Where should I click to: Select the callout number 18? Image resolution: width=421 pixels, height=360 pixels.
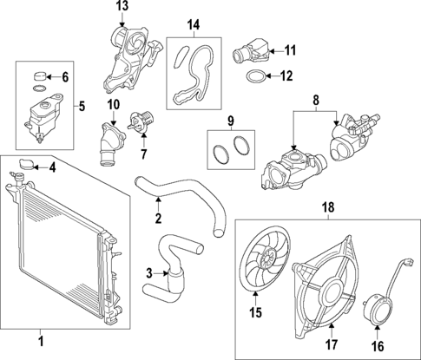pyautogui.click(x=328, y=208)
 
